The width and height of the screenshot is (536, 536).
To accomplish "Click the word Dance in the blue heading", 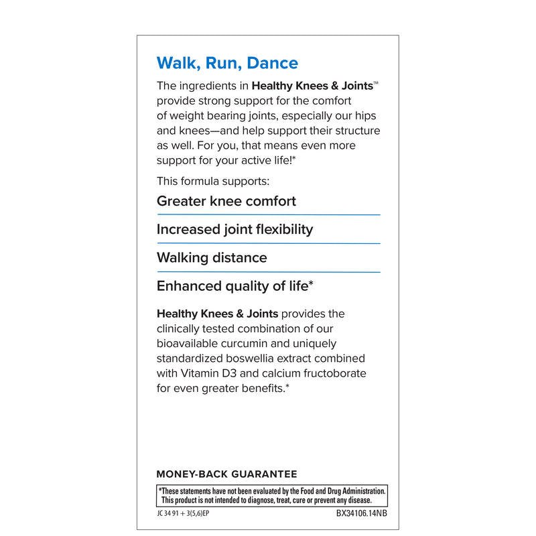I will coord(273,63).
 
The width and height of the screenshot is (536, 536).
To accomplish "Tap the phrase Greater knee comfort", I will coord(226,201).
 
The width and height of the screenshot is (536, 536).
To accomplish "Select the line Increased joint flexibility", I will coord(234,229).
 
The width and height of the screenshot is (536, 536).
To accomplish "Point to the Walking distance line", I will coord(212,257).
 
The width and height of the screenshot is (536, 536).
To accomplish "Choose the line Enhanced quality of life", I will coord(234,286).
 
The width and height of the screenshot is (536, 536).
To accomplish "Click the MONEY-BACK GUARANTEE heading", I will coord(226,474).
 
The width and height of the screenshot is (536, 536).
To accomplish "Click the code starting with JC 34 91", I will coord(188,514).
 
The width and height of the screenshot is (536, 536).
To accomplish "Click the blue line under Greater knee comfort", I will coord(268,214).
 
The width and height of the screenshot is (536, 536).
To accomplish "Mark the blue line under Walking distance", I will coord(268,272).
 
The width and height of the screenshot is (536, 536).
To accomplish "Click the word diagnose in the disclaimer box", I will coord(266,500).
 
